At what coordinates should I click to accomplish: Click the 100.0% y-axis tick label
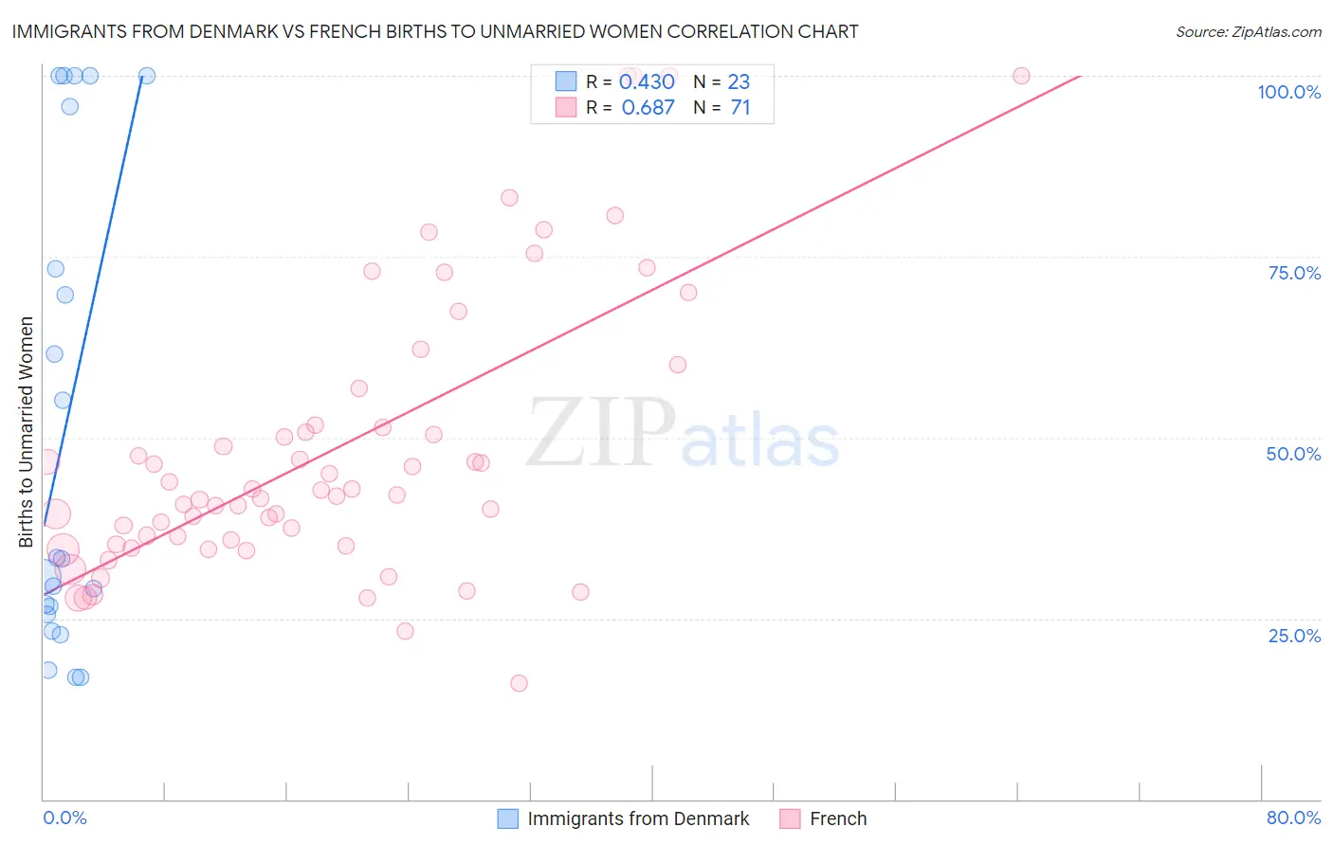point(1288,92)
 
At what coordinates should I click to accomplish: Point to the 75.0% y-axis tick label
point(1294,273)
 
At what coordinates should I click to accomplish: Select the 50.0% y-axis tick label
point(1293,454)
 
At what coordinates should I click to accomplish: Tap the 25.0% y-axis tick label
point(1294,636)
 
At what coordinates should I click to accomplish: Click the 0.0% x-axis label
point(64,818)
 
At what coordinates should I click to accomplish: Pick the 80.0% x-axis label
point(1293,818)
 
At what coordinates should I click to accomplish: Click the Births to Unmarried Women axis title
point(27,432)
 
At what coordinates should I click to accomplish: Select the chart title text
point(435,31)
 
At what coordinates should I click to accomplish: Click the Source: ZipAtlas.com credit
point(1248,32)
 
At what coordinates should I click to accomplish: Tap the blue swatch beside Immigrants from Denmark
point(508,818)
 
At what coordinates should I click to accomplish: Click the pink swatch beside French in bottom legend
point(791,818)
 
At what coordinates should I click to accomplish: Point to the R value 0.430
point(647,82)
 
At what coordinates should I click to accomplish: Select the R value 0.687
point(648,108)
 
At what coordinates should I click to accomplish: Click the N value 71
point(740,108)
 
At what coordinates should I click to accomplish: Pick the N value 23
point(739,82)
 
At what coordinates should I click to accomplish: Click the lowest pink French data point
point(519,683)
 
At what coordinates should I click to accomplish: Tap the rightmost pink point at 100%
point(1021,76)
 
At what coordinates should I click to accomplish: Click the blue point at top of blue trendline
point(147,76)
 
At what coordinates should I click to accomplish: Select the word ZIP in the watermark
point(601,433)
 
